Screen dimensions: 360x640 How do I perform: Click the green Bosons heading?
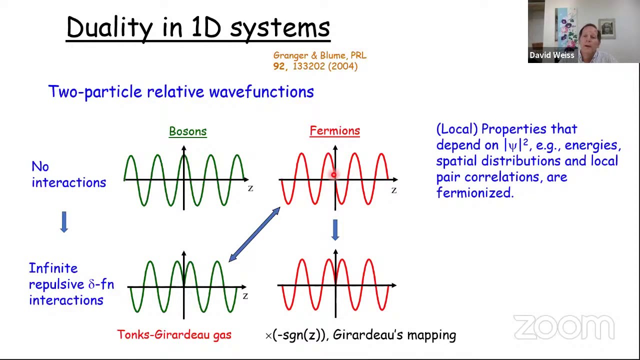(187, 131)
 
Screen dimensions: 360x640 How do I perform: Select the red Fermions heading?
(334, 131)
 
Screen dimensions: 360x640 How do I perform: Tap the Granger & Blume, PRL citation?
(319, 55)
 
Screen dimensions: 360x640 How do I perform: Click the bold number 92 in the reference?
(278, 66)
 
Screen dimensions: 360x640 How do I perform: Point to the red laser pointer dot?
(333, 174)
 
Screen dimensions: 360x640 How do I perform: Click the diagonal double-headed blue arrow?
(254, 234)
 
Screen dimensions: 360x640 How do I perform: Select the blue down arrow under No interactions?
(64, 221)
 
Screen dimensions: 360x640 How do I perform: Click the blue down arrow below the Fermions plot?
(335, 230)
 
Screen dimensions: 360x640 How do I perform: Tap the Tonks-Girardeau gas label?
(174, 334)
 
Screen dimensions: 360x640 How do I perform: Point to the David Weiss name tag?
(551, 55)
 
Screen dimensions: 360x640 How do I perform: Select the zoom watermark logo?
(563, 327)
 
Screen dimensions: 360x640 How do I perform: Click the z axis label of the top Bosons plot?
(250, 188)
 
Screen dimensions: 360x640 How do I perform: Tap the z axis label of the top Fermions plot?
(394, 190)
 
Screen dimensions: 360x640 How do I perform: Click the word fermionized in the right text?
(474, 193)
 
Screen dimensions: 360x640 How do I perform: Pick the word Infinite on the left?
(53, 268)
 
